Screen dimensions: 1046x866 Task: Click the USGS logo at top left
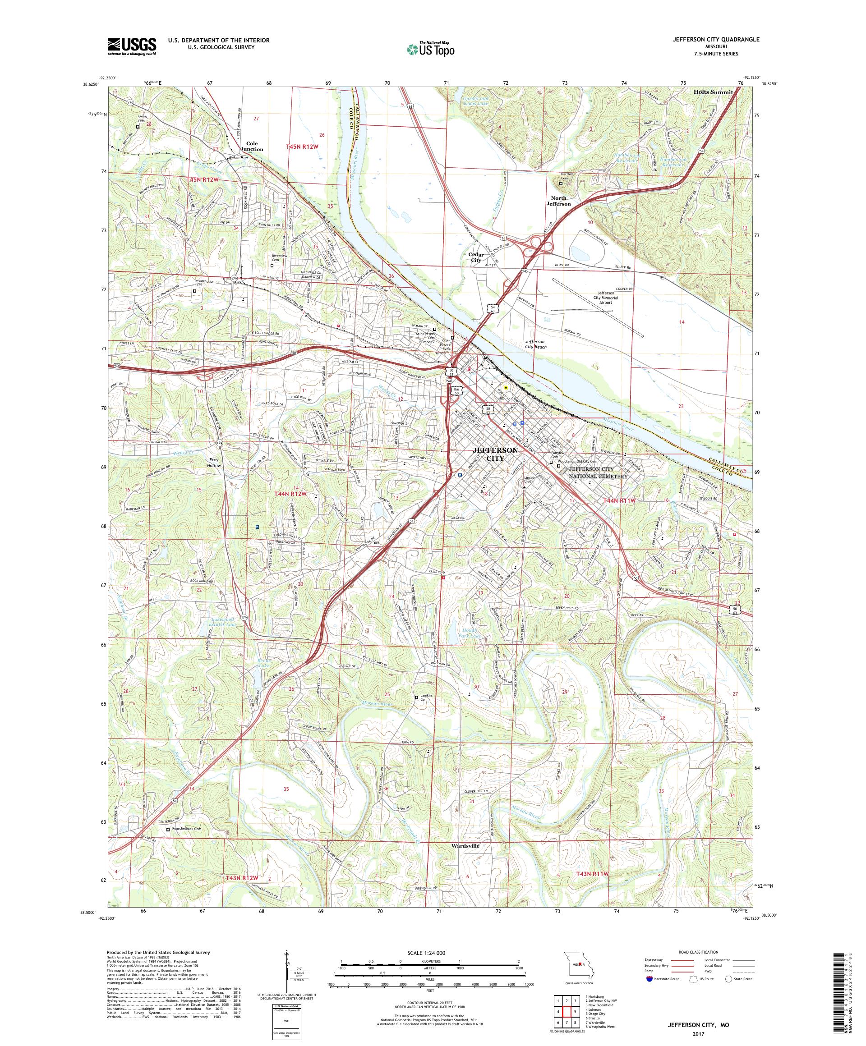(x=132, y=47)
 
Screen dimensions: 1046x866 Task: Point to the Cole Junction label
(x=251, y=146)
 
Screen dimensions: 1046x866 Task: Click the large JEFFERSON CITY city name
(x=495, y=454)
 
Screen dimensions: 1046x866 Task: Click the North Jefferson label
(x=561, y=201)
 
